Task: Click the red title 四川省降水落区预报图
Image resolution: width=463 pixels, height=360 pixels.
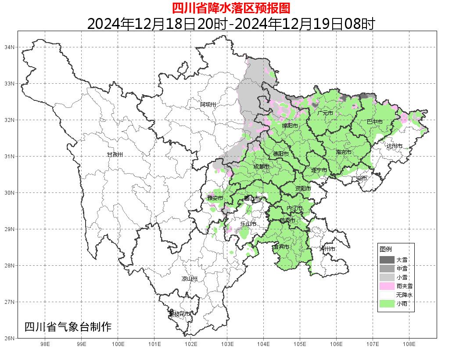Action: click(231, 8)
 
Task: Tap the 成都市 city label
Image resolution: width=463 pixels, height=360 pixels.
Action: click(262, 167)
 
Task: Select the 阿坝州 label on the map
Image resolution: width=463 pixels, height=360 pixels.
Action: click(208, 104)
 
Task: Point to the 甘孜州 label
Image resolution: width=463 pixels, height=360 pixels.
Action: click(115, 155)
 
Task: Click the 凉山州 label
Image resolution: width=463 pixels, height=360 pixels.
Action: click(190, 279)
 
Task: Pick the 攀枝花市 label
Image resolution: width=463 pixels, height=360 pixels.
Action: click(179, 314)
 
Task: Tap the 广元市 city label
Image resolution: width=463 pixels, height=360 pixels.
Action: click(325, 113)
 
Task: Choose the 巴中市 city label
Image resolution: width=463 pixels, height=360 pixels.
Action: click(375, 122)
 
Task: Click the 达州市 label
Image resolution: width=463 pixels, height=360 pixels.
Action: click(394, 146)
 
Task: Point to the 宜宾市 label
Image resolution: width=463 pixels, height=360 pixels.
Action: click(281, 247)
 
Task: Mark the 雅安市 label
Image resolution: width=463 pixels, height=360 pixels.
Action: click(215, 198)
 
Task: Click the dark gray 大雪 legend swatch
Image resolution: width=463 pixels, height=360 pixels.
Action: click(387, 260)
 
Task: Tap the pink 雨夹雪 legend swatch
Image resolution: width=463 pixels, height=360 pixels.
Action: click(387, 286)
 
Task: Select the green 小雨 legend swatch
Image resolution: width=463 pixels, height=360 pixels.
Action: click(387, 303)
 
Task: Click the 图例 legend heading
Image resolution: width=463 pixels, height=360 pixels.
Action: click(385, 249)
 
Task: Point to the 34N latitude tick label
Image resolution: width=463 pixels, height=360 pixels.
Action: click(10, 47)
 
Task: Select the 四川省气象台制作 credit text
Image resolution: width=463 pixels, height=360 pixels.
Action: click(68, 327)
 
